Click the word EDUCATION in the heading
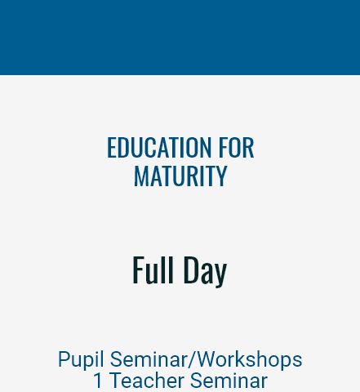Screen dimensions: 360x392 coord(159,147)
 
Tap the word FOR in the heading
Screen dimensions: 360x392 coord(237,147)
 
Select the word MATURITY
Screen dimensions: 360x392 coord(180,176)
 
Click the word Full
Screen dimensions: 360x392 coord(153,269)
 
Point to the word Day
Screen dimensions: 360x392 coord(205,272)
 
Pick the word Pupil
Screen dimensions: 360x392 coord(81,360)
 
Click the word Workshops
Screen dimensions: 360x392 coord(250,359)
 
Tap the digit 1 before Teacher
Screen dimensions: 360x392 coord(98,381)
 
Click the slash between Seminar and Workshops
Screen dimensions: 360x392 coord(193,359)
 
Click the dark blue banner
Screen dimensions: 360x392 coord(180,38)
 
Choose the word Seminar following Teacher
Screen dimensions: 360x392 coord(229,381)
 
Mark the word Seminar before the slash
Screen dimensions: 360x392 coord(149,359)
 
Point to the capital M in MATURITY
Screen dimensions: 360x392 coord(140,176)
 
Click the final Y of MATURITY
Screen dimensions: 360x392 coord(222,176)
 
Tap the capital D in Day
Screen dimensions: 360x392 coord(190,269)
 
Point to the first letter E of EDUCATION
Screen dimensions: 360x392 coord(111,147)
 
